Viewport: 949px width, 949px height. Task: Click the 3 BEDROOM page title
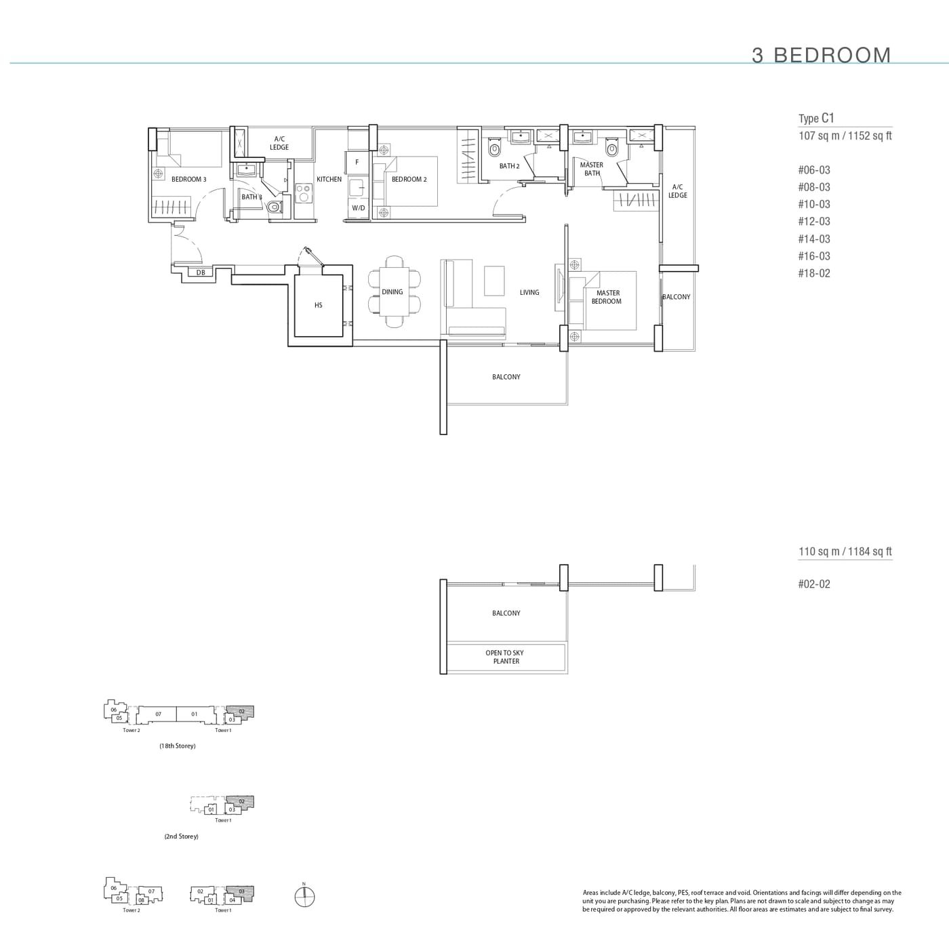click(x=821, y=55)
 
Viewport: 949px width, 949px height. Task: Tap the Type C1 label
click(x=816, y=118)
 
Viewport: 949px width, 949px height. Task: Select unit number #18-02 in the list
click(x=813, y=273)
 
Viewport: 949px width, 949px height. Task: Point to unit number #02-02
click(x=813, y=584)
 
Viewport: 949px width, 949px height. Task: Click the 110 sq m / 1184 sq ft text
click(x=845, y=552)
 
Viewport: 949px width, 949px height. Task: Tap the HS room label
click(x=319, y=306)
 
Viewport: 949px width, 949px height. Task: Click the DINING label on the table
click(x=392, y=292)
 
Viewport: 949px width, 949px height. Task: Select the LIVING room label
click(x=529, y=293)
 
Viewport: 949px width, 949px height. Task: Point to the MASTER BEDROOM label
click(x=607, y=297)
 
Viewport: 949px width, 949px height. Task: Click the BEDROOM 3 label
click(x=188, y=180)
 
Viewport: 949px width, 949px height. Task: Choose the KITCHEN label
click(x=329, y=180)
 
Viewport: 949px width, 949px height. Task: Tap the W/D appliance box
click(x=358, y=208)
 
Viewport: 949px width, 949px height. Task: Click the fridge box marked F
click(x=357, y=163)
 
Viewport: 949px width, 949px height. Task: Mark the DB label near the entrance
click(x=201, y=273)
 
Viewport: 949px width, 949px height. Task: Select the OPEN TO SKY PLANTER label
click(x=505, y=657)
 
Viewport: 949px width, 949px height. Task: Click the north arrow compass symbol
click(x=305, y=896)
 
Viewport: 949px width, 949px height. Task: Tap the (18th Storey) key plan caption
click(x=178, y=746)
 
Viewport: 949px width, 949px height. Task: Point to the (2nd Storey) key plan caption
click(x=181, y=836)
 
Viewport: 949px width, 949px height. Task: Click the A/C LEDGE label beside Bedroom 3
click(x=279, y=143)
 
